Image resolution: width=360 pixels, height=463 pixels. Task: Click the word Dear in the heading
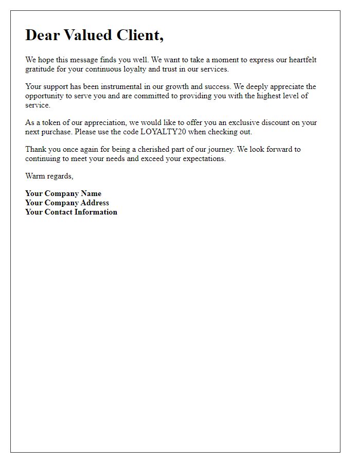[x=42, y=35]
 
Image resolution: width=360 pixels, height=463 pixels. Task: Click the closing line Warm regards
[x=49, y=176]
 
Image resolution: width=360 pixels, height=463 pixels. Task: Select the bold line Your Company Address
[x=67, y=203]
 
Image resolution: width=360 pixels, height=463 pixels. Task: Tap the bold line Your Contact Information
[x=71, y=212]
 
